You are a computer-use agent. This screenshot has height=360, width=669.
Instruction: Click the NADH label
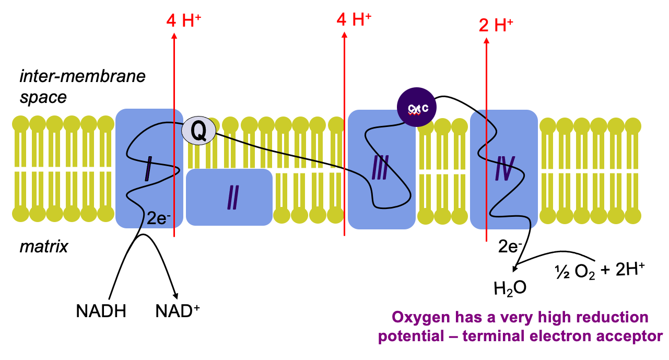[101, 311]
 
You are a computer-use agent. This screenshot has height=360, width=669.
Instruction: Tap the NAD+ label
[178, 311]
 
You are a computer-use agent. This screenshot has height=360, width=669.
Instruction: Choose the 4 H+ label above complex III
[354, 20]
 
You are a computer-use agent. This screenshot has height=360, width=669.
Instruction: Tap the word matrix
[44, 246]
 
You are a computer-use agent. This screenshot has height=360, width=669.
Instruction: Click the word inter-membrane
[82, 76]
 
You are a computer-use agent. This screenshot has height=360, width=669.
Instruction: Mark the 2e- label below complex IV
[510, 245]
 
